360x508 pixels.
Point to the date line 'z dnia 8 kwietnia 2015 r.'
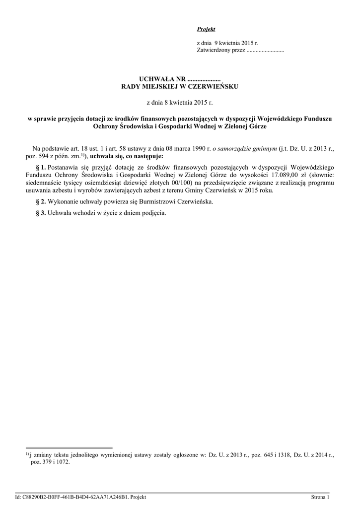(x=180, y=103)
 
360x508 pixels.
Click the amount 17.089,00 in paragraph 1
(x=283, y=175)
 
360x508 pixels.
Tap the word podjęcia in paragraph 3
(x=151, y=213)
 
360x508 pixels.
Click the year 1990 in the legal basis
(x=200, y=148)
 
